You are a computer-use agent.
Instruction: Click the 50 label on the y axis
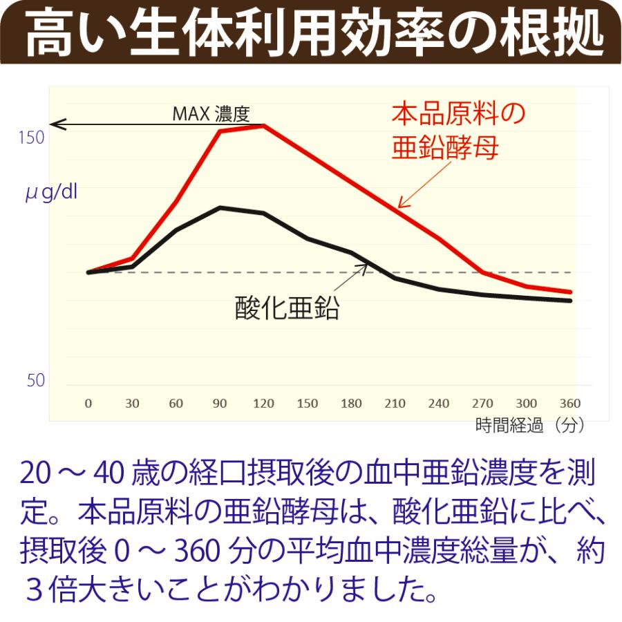[x=35, y=381]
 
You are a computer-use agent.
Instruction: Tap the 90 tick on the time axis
[x=220, y=404]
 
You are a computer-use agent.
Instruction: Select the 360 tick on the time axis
[x=571, y=404]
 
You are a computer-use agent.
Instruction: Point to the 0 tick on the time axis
[x=88, y=404]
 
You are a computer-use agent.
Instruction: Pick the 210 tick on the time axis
[x=395, y=404]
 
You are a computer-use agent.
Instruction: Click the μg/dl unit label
[x=51, y=191]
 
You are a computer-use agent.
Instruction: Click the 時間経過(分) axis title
[x=530, y=426]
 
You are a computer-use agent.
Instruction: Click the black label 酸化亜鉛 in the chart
[x=288, y=308]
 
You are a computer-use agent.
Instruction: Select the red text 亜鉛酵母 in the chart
[x=445, y=148]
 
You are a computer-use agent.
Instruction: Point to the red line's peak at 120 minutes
[x=264, y=125]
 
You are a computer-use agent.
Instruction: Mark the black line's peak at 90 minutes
[x=220, y=207]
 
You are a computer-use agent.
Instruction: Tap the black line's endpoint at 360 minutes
[x=571, y=301]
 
